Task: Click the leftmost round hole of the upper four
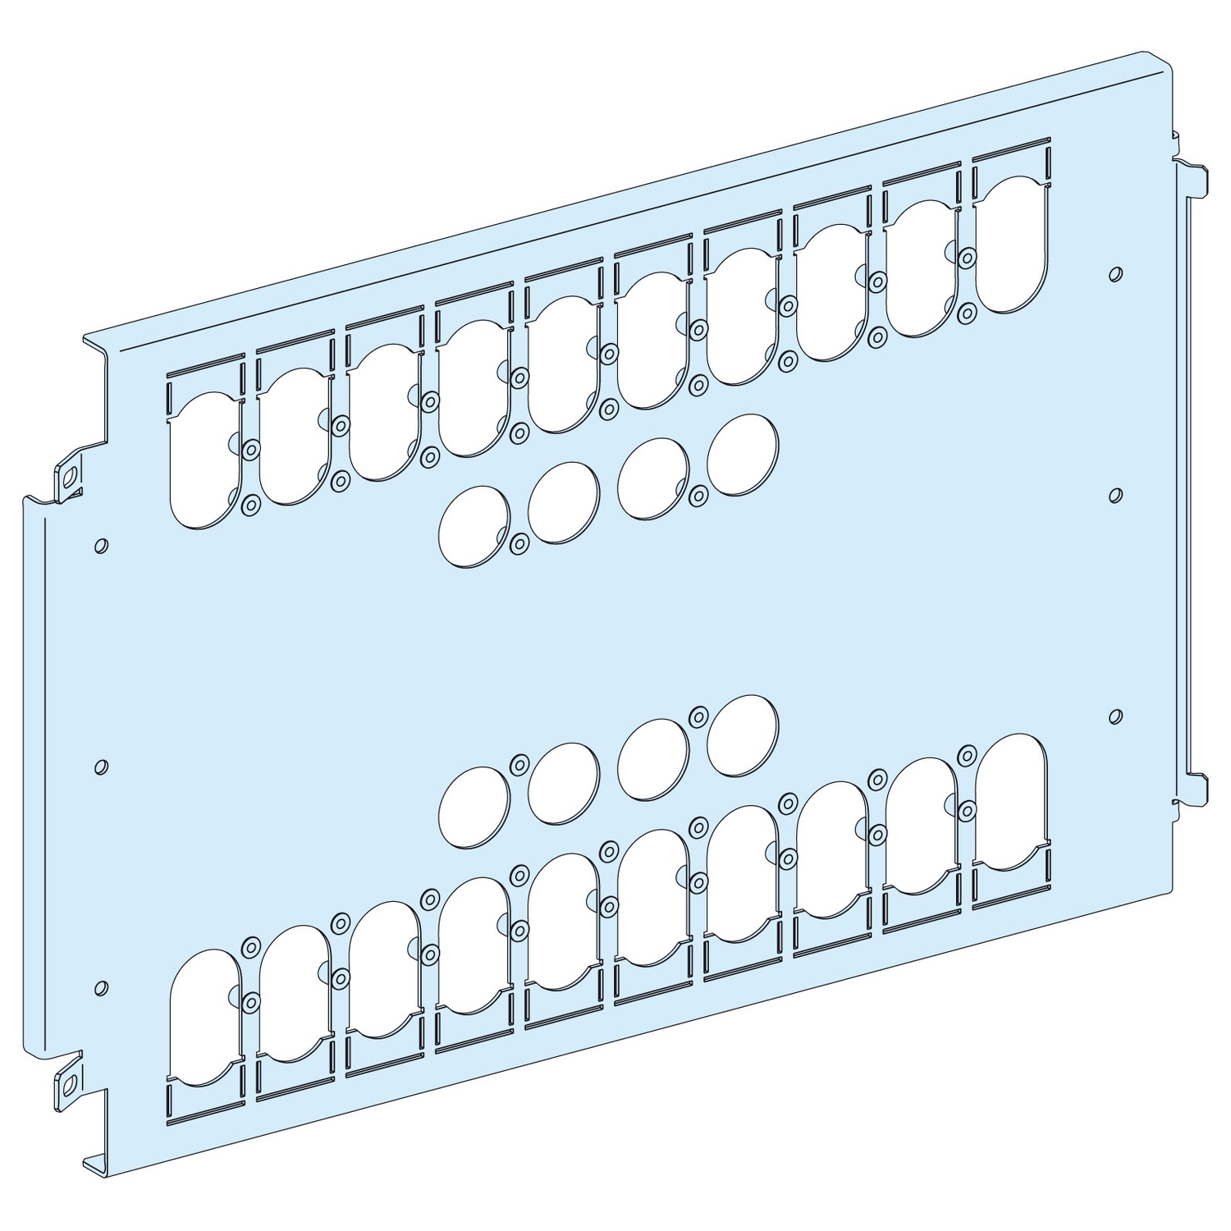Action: (474, 526)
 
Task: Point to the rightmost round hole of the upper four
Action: (743, 454)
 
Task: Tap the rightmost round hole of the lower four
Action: (743, 735)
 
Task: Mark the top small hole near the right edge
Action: (1114, 273)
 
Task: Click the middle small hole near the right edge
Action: (1114, 494)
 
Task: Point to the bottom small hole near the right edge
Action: (1114, 716)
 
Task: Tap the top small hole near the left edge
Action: (101, 545)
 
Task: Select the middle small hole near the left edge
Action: (100, 767)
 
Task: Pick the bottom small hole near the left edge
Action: (101, 986)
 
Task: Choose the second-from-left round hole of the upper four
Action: (564, 503)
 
